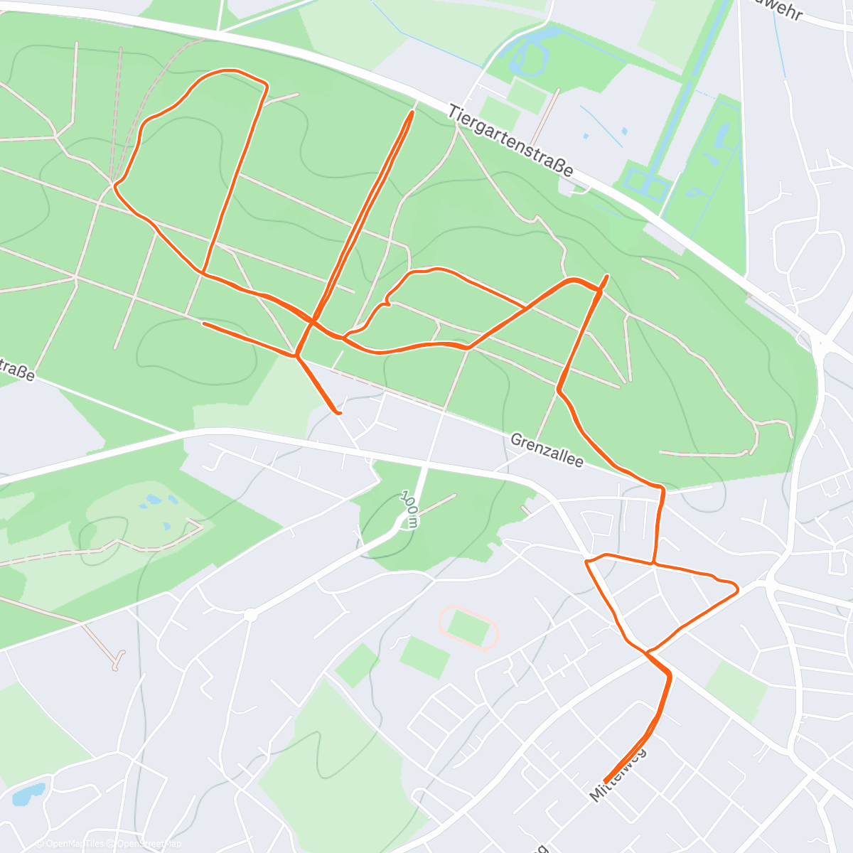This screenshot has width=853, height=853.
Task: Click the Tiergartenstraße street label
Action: (511, 141)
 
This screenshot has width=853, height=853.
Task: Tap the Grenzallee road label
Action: (547, 451)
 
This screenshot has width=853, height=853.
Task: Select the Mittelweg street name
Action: (618, 774)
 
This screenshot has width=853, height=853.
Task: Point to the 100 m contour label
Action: (409, 509)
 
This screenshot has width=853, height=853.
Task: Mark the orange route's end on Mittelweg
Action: (605, 780)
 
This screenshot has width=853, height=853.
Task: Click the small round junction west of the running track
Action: (250, 615)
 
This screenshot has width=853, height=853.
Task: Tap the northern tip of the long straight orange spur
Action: (412, 112)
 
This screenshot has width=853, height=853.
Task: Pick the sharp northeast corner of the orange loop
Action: (267, 86)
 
